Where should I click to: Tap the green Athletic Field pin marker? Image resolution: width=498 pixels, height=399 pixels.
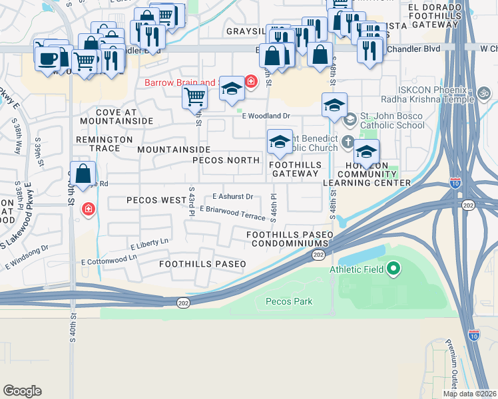coord(393,269)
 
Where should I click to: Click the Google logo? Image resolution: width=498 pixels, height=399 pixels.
coord(22,391)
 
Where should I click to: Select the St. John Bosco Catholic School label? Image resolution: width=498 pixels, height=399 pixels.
coord(391,120)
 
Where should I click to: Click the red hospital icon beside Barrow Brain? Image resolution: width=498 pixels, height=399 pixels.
coord(250,82)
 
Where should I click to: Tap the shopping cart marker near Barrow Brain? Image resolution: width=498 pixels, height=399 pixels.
coord(194,97)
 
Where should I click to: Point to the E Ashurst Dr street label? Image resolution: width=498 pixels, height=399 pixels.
coord(232,196)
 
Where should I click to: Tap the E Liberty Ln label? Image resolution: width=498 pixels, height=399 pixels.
coord(150,243)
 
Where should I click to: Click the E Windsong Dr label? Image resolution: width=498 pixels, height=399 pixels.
coord(27,257)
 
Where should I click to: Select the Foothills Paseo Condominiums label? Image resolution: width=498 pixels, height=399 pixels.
coord(289,239)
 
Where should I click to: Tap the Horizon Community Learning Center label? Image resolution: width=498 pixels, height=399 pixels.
coord(367,174)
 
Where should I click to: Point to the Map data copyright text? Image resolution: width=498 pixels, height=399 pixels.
coord(469,394)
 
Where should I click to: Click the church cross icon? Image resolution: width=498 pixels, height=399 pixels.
coord(347,142)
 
